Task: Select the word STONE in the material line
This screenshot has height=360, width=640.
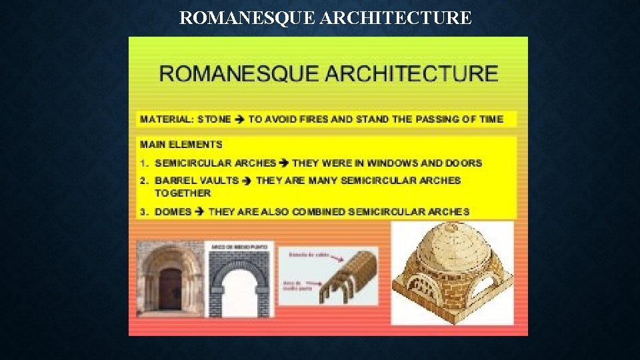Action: click(x=214, y=119)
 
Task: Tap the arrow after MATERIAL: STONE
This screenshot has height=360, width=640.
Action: click(x=239, y=119)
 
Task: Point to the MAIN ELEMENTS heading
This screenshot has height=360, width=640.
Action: click(x=181, y=144)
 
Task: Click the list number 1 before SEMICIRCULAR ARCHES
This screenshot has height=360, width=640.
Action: click(x=143, y=163)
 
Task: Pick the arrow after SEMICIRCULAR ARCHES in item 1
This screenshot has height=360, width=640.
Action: click(x=284, y=163)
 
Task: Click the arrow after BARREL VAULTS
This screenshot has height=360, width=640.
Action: click(x=247, y=180)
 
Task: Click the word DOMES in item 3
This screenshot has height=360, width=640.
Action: click(x=173, y=212)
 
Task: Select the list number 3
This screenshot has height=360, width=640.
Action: click(x=143, y=212)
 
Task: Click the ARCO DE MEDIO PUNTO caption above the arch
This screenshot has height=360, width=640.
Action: click(x=239, y=247)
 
